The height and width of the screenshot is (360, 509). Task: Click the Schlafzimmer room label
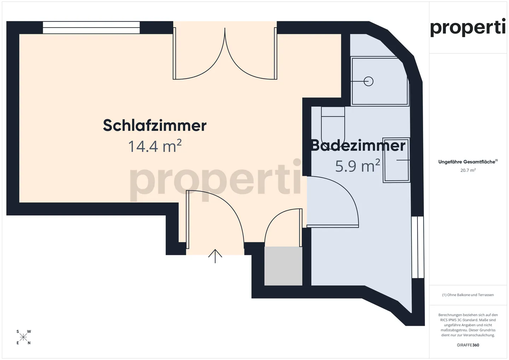(x=154, y=125)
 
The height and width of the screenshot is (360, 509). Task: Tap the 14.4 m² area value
(x=154, y=146)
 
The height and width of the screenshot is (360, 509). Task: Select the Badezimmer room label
(x=358, y=146)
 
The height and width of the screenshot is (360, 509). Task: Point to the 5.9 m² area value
(x=357, y=166)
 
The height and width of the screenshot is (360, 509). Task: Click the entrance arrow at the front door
(x=215, y=256)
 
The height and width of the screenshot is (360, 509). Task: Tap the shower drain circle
(x=369, y=81)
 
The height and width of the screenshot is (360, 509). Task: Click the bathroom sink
(x=396, y=160)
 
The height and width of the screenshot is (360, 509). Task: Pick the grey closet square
(x=283, y=266)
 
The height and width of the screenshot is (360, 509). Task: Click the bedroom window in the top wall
(x=91, y=28)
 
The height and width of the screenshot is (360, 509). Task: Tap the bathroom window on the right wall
(x=418, y=247)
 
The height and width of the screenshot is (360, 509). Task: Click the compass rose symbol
(x=23, y=337)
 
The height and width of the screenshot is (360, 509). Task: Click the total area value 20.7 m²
(x=468, y=170)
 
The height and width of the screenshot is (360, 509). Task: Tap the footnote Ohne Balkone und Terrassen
(x=468, y=295)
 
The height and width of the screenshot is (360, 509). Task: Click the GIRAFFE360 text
(x=468, y=345)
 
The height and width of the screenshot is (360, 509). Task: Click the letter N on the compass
(x=29, y=343)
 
